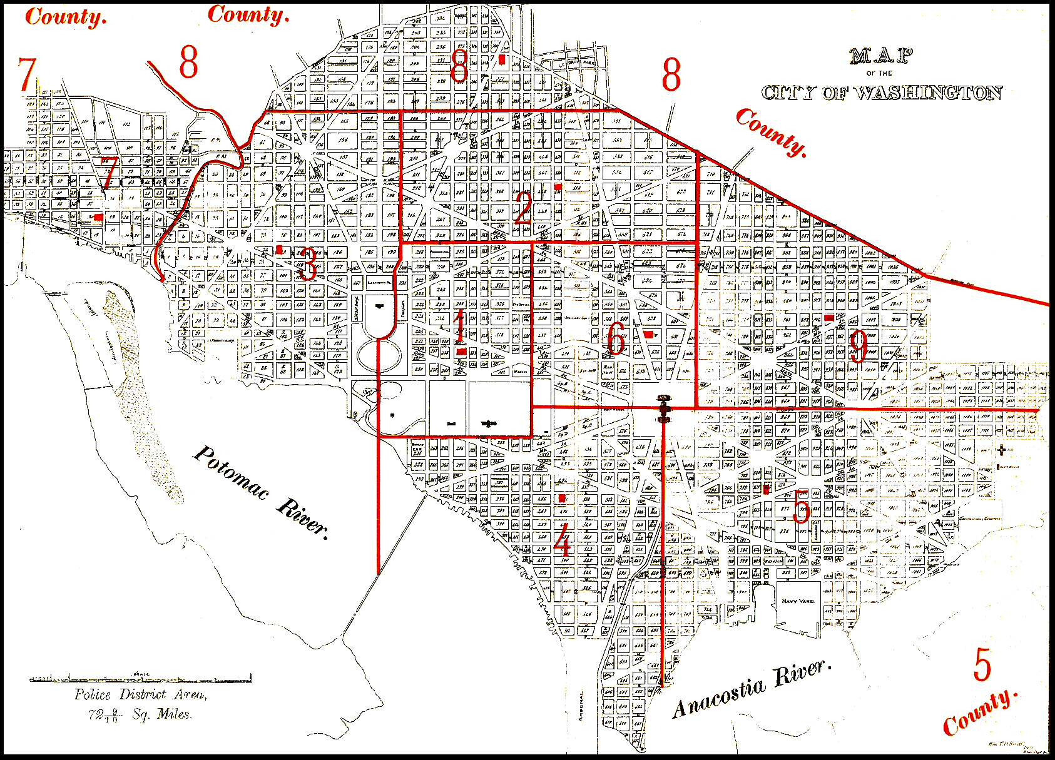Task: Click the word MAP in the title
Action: tap(881, 56)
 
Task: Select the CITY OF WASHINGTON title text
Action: tap(882, 93)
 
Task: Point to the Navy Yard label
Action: tap(798, 601)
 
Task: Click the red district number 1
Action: tap(461, 325)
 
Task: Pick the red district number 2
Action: tap(523, 208)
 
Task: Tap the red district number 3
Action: tap(307, 264)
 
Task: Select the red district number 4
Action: tap(563, 539)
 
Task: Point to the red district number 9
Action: tap(859, 346)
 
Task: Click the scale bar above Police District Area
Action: tap(141, 678)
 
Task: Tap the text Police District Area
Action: tap(140, 695)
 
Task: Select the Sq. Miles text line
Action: tap(140, 714)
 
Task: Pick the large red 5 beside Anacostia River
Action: tap(982, 664)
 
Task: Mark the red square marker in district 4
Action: tap(563, 498)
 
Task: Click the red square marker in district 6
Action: tap(649, 334)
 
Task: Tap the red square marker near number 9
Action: tap(828, 318)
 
